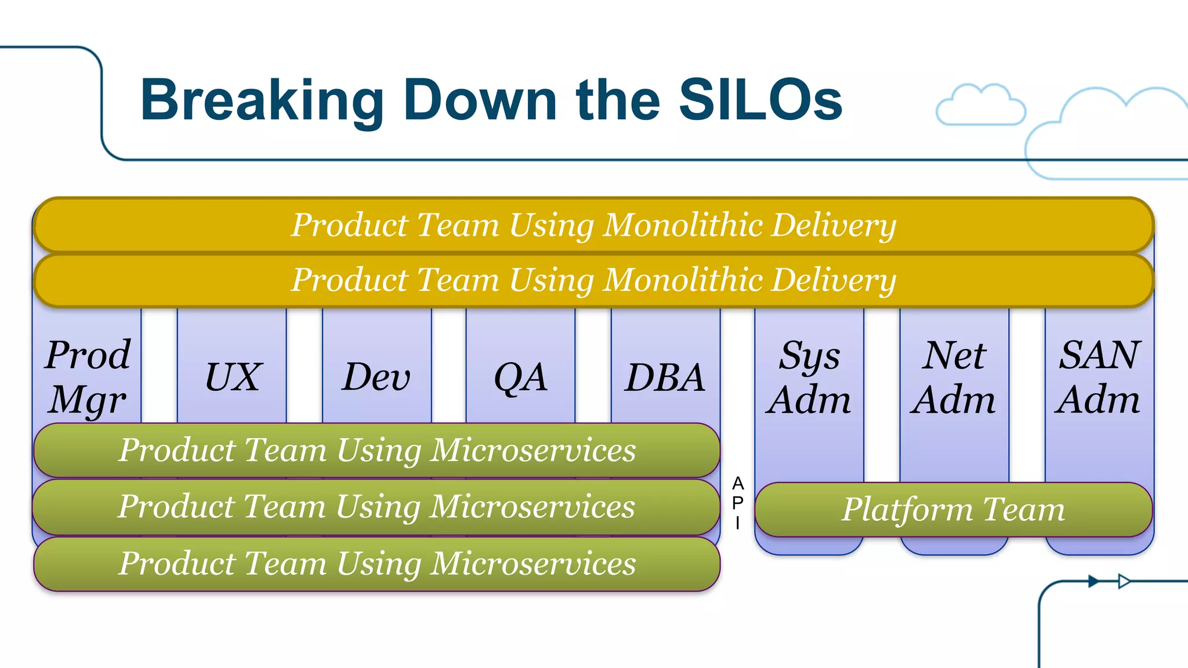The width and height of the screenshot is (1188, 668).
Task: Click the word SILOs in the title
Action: (x=760, y=100)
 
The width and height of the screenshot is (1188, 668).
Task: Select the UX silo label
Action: (x=233, y=377)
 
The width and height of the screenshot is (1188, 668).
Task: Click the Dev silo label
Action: (x=376, y=377)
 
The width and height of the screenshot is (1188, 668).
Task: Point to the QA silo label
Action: (x=520, y=377)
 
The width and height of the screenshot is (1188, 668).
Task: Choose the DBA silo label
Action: (x=665, y=377)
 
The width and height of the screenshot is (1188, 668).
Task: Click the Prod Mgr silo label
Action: (x=88, y=377)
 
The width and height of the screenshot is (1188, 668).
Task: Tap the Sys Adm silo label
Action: (x=809, y=377)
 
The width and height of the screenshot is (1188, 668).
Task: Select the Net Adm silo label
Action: (x=954, y=377)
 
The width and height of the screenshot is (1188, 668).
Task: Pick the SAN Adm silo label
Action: (x=1099, y=377)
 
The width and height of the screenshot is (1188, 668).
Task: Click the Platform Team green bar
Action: (x=954, y=509)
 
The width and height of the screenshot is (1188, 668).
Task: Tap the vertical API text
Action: (x=737, y=503)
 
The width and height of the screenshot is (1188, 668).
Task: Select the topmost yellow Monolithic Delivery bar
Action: (x=593, y=225)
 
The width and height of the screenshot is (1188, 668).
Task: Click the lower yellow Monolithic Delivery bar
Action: (x=593, y=280)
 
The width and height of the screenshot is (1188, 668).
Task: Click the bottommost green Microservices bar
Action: (x=377, y=564)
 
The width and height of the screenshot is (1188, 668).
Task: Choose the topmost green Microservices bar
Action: (x=377, y=450)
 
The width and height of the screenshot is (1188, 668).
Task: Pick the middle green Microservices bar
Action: (x=377, y=507)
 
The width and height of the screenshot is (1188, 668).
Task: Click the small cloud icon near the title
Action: (x=980, y=106)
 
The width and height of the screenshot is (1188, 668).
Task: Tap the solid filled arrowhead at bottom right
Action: (x=1093, y=581)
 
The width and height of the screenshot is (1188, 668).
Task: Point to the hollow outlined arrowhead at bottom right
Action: (x=1124, y=581)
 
